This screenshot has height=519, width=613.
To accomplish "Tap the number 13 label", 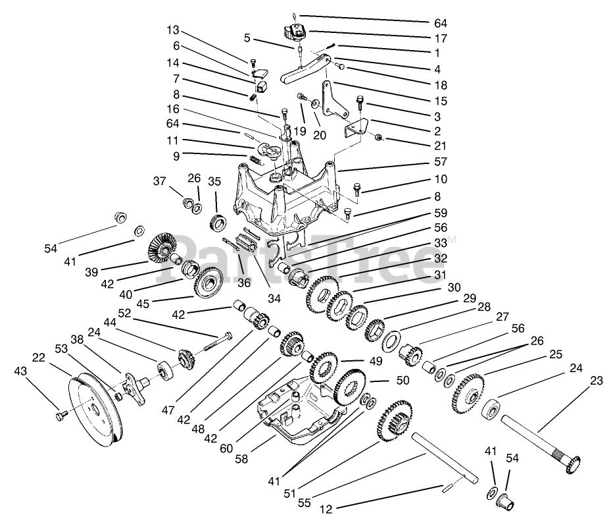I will (x=172, y=30).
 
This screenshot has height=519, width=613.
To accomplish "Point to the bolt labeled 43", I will (x=62, y=415).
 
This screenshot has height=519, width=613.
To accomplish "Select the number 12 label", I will (x=326, y=508).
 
